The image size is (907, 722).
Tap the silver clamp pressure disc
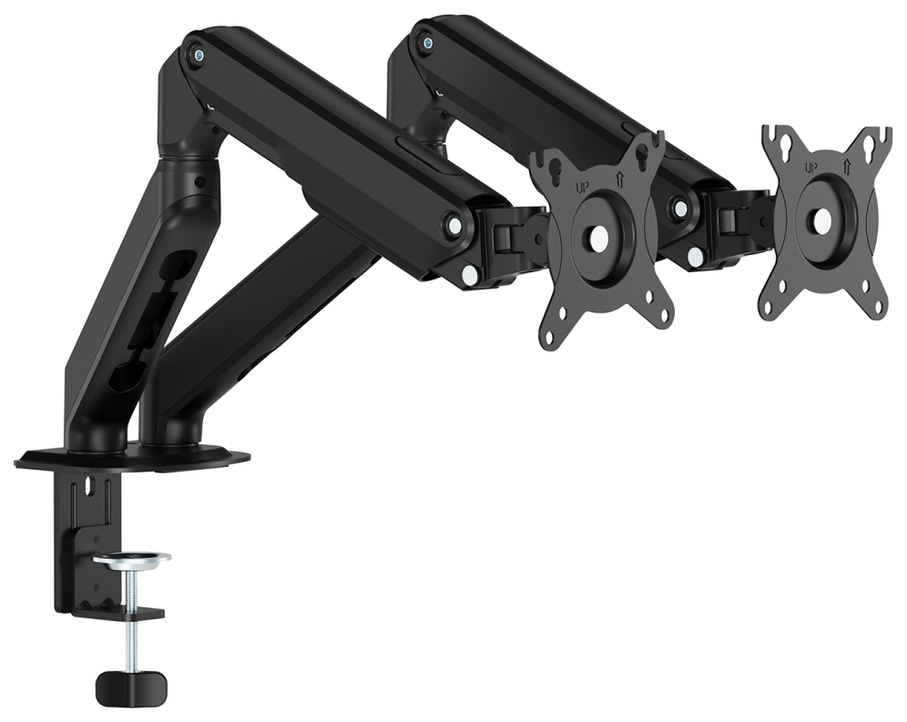pos(132,558)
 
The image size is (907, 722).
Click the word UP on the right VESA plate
pos(811,168)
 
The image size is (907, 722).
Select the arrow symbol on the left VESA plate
pos(619,180)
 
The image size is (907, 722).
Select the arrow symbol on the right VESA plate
pos(847,166)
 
